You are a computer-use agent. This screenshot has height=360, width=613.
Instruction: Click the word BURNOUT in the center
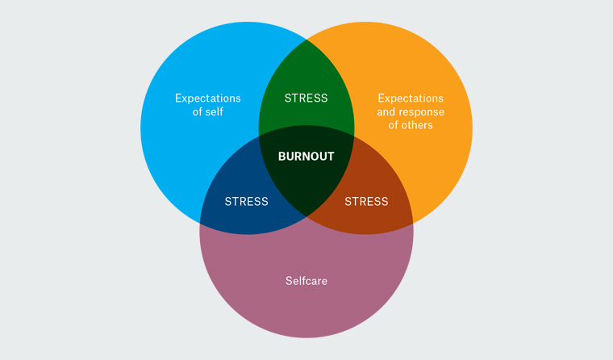pos(306,157)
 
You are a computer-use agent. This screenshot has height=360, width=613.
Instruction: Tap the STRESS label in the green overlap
pos(306,98)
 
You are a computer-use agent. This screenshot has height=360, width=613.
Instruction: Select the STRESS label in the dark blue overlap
pos(246,201)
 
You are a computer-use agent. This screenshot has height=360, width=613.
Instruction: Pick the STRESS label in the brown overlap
pos(366,201)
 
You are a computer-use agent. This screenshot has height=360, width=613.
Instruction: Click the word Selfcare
pos(306,281)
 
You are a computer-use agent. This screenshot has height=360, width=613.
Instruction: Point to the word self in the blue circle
pos(214,112)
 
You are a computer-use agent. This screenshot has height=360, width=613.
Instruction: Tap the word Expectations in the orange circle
pos(411,98)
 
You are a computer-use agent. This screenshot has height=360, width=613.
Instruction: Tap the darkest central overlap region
pos(306,182)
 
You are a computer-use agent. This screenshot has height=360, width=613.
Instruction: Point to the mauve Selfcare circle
pos(306,311)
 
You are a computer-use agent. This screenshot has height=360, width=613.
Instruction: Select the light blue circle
pos(186,153)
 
